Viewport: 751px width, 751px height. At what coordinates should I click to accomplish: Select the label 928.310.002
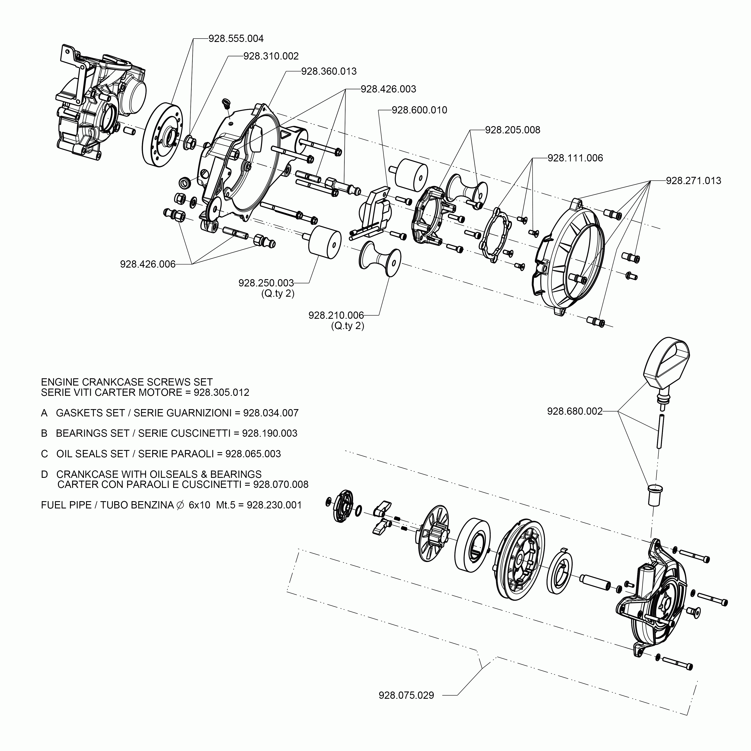[271, 56]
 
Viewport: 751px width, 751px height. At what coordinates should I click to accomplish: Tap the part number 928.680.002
[575, 411]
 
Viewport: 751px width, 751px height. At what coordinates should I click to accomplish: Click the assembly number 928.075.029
[406, 695]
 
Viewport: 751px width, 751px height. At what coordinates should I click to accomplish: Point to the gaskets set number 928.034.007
[271, 413]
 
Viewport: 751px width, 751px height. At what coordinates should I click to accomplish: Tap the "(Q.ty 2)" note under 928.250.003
[277, 294]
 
